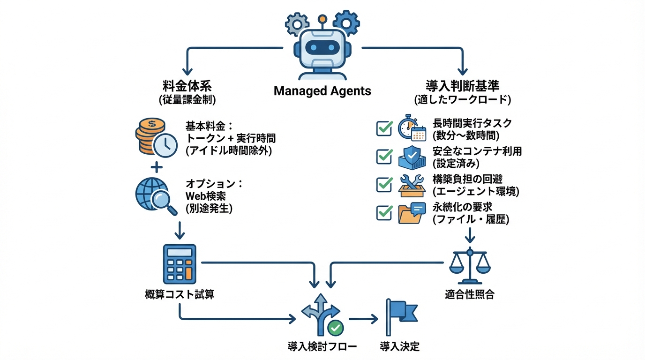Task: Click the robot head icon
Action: [x=322, y=49]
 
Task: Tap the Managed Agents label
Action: [x=322, y=91]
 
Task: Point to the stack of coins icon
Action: [x=150, y=135]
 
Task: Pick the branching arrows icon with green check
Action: [x=322, y=315]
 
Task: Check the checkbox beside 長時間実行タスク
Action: [x=384, y=128]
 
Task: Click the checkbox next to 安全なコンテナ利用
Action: [x=384, y=157]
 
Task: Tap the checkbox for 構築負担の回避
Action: [x=384, y=185]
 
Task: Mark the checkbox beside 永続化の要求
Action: [x=384, y=213]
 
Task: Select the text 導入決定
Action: [x=399, y=347]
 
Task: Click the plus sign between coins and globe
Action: [x=157, y=167]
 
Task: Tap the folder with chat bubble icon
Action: [x=412, y=213]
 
